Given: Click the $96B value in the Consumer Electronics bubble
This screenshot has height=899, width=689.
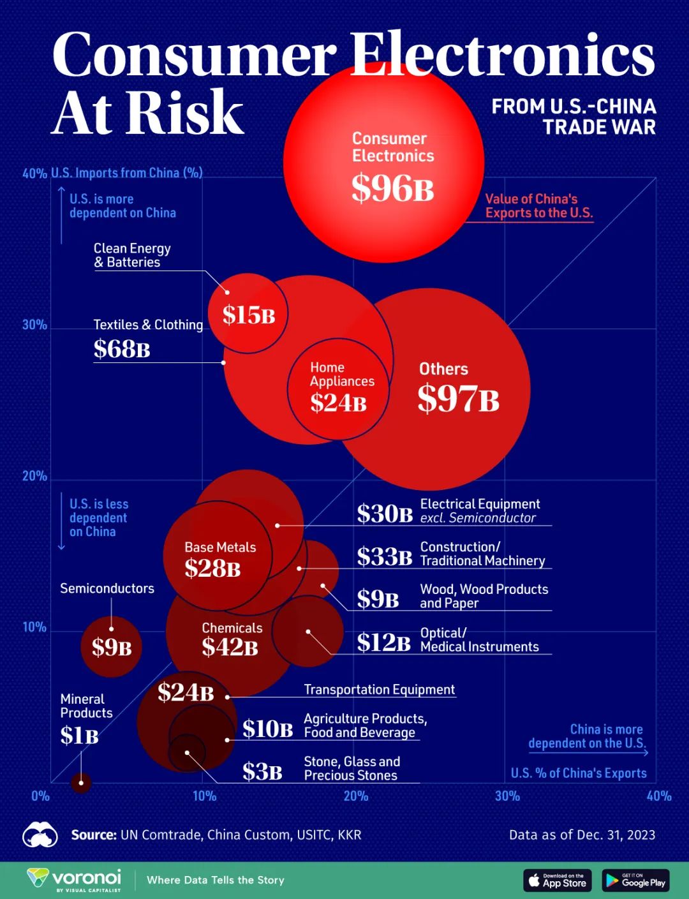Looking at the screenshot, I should coord(392,189).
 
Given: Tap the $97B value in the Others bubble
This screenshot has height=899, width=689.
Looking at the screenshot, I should coord(458,399).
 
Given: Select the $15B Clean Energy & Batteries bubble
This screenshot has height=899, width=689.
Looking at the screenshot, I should coord(248,314).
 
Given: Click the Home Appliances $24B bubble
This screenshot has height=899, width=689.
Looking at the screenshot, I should coord(338,389).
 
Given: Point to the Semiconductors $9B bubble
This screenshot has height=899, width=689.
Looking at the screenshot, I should coord(112,647).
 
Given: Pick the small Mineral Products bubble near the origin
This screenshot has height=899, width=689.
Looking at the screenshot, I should coord(81,782).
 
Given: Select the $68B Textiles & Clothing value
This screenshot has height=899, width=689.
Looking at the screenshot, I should coord(122,349).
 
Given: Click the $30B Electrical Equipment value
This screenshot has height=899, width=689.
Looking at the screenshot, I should coord(385,514).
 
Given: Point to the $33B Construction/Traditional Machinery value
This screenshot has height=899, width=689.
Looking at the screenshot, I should coord(385,557).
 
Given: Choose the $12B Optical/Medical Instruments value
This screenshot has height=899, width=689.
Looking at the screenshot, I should coord(383,643).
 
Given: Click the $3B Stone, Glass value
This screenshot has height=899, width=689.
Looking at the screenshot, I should coord(262,772).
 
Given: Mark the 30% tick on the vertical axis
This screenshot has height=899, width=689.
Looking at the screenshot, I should coord(34,325).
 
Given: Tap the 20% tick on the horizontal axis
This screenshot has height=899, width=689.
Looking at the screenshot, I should coord(356,796).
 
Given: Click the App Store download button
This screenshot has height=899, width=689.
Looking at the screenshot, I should coord(558,880).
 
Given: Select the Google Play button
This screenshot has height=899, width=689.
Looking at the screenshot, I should coord(635,880).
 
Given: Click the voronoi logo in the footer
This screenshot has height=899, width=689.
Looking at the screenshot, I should coord(74,879).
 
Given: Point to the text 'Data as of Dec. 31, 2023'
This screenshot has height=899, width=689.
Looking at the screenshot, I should coord(582,835).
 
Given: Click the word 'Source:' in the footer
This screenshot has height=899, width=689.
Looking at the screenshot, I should coord(93,835).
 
